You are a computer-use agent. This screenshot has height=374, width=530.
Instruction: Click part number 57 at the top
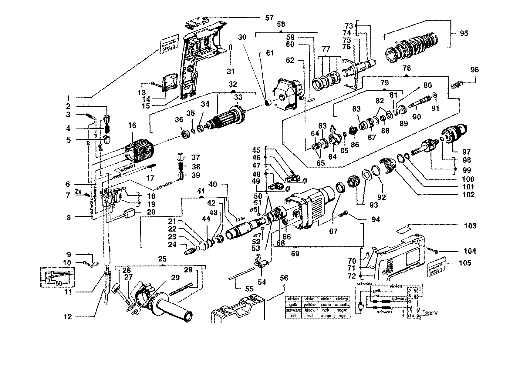[x=269, y=18]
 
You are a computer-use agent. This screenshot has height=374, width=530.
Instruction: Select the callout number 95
[x=464, y=33]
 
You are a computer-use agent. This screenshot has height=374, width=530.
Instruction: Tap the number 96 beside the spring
[x=474, y=70]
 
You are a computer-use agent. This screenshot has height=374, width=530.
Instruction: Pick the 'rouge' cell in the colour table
[x=326, y=316]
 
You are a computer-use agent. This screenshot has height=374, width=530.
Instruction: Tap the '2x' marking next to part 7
[x=78, y=192]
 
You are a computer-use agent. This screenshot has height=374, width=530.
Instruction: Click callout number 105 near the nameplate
[x=465, y=263]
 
